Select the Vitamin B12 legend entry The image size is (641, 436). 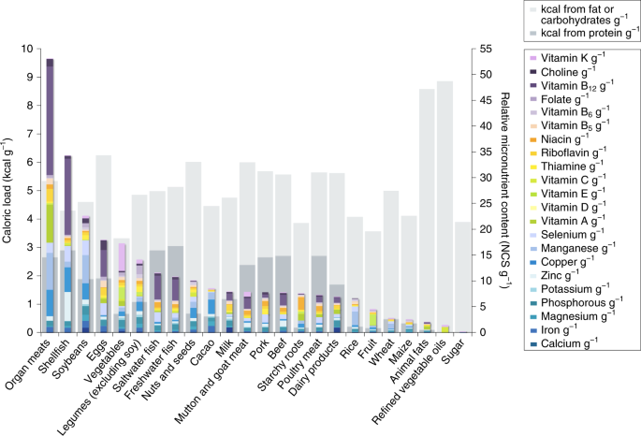tap(575, 85)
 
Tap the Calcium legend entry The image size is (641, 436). tap(576, 344)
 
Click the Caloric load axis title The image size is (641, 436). tap(8, 190)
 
